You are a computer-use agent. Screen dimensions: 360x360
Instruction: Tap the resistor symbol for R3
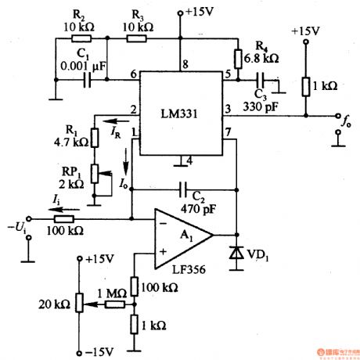coord(137,37)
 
